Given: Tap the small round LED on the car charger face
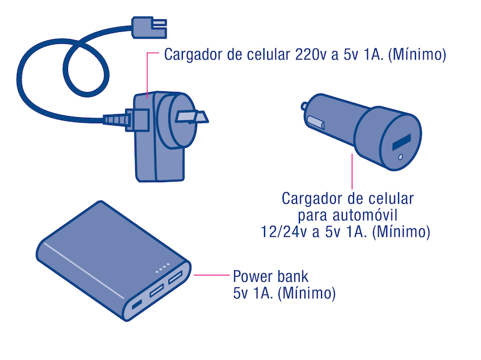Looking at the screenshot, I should click(x=400, y=158).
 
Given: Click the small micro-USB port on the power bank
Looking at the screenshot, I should click(x=136, y=305).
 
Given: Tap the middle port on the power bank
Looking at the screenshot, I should click(x=158, y=291).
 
